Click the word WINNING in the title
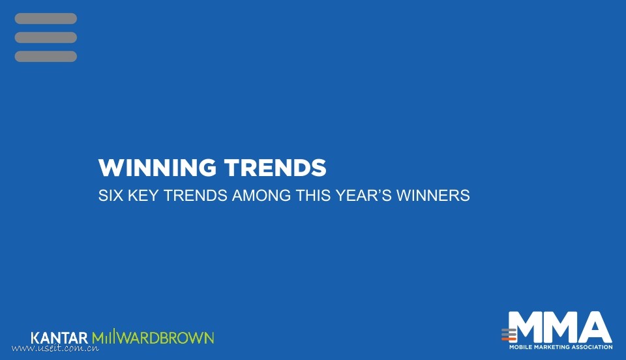tap(157, 168)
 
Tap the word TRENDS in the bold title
tap(275, 168)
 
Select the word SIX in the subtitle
tap(111, 196)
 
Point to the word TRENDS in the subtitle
tap(196, 196)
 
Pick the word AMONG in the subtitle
tap(261, 196)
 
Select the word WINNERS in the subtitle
tap(433, 196)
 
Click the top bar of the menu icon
tap(46, 18)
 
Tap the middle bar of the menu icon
tap(46, 38)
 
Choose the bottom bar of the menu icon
tap(46, 56)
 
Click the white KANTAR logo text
tap(59, 338)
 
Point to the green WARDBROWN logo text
tap(166, 338)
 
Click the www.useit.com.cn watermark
tap(55, 348)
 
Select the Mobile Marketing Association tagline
tap(561, 347)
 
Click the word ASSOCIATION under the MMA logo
tap(592, 347)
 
